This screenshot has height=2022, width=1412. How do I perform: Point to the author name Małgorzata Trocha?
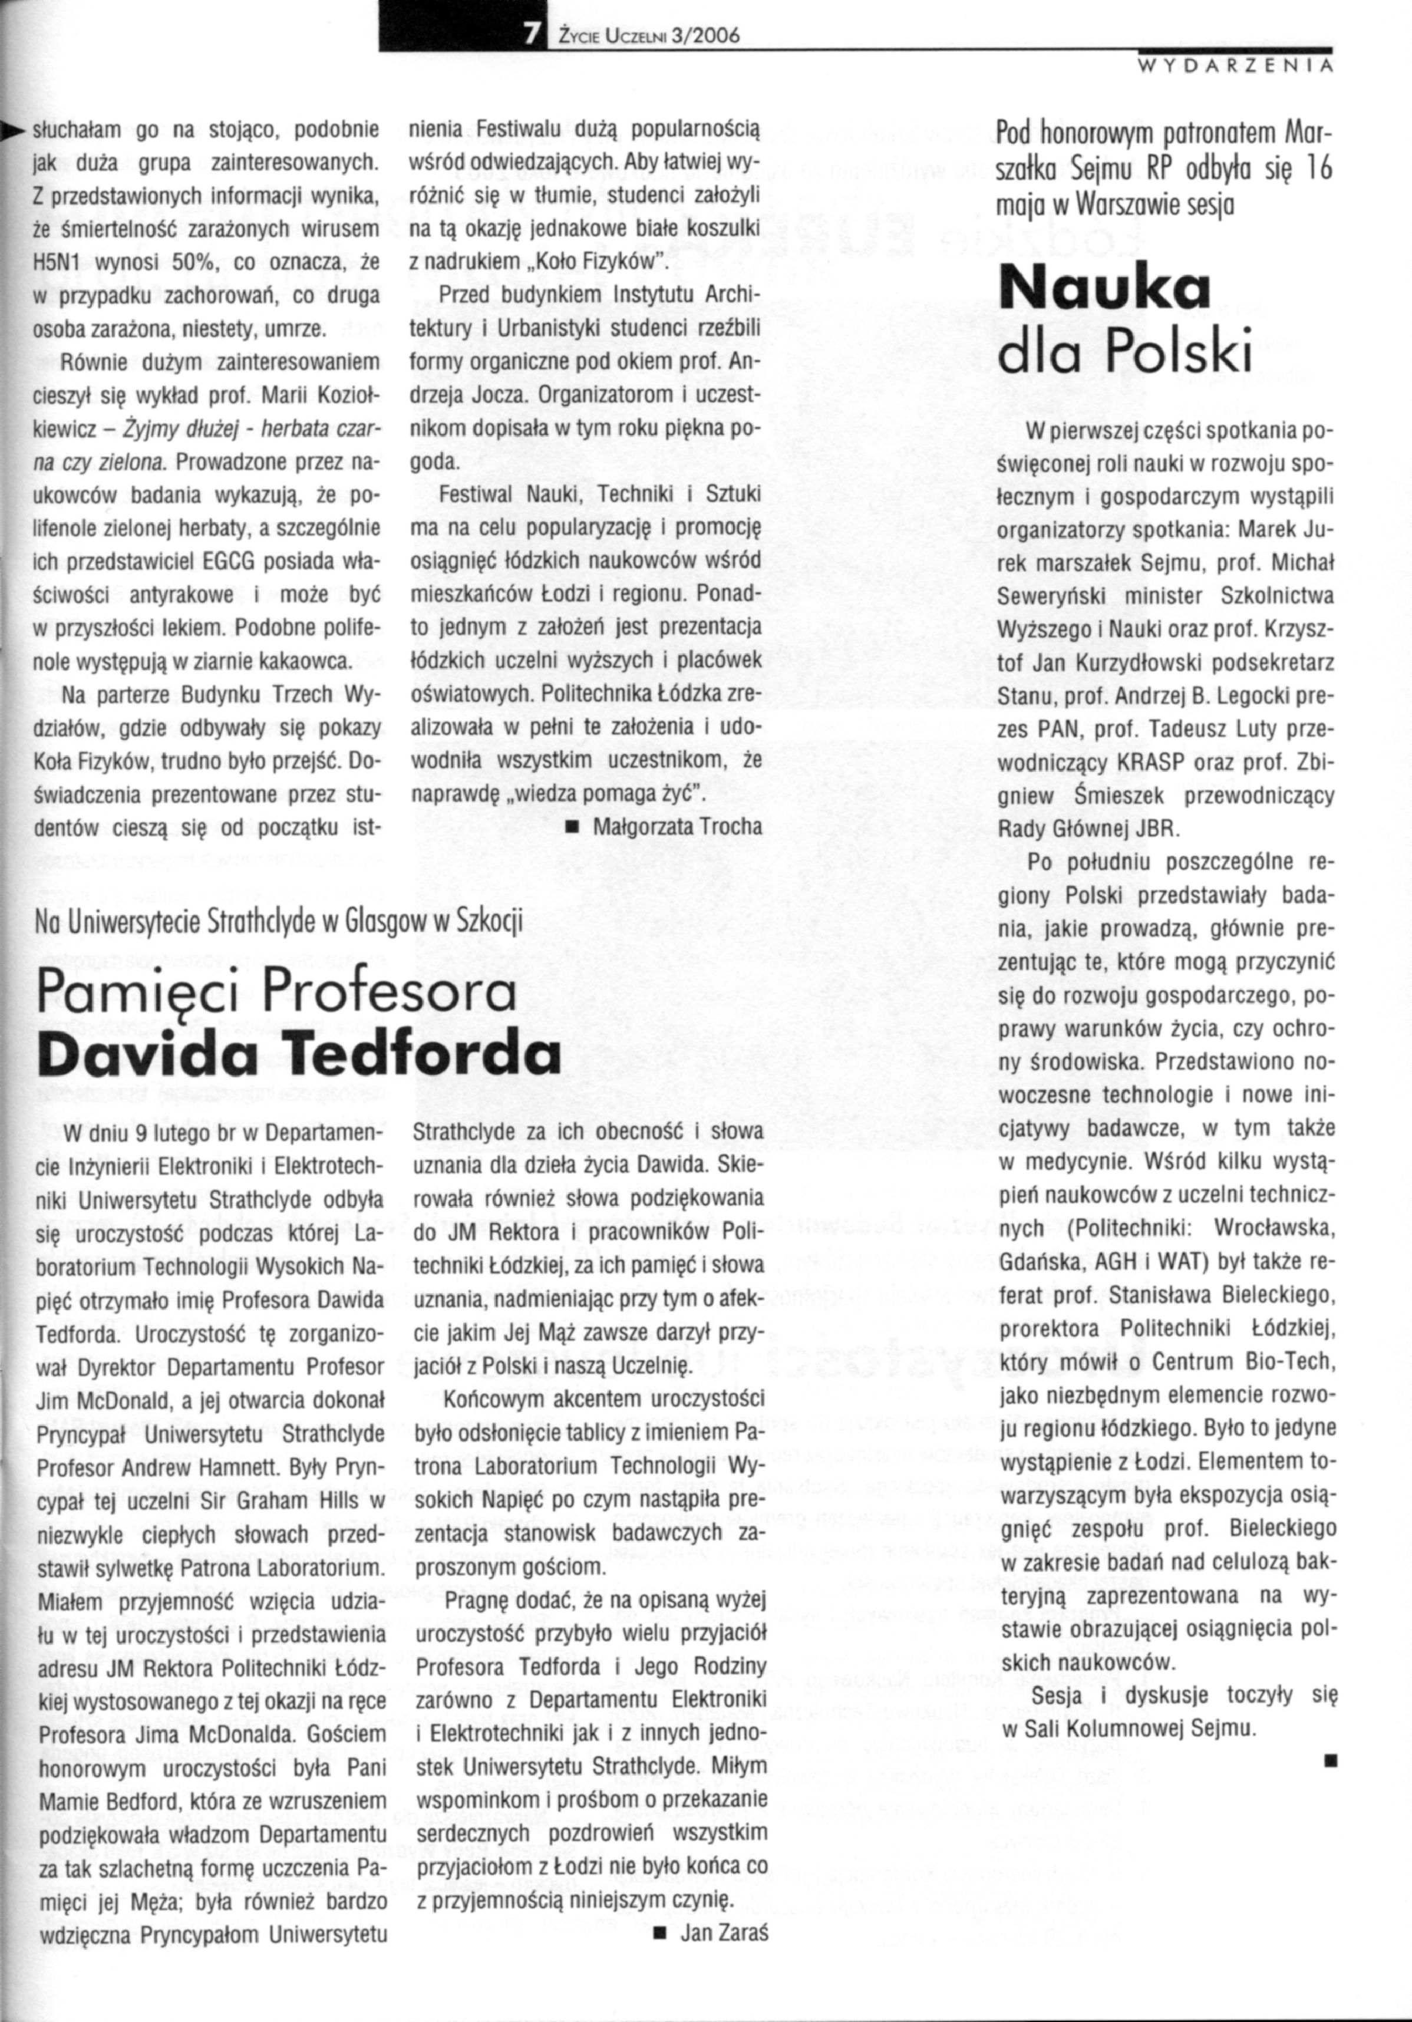coord(677,826)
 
